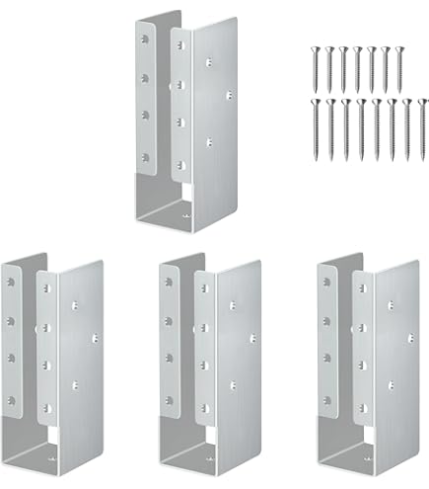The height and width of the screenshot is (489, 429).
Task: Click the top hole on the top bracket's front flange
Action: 182,40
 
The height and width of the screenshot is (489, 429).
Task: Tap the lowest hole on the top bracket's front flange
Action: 182,165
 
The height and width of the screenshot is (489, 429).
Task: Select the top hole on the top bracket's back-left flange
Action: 143,35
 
